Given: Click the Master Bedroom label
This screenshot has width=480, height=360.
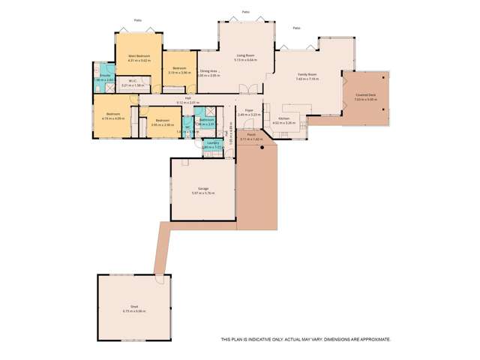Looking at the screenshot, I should tap(139, 55).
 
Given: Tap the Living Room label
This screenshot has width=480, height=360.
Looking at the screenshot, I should tap(242, 55).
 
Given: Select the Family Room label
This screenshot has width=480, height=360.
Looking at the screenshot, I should tap(307, 74).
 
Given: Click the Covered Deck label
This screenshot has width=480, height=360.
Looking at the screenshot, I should tap(367, 94).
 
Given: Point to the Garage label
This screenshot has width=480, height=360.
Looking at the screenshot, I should tap(202, 188).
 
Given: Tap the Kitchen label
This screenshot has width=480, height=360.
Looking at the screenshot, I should tap(284, 118).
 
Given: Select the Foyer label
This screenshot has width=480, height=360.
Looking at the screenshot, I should tap(248, 110).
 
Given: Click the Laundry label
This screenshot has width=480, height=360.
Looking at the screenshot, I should tap(212, 142).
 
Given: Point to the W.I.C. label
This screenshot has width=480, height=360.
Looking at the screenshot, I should tap(132, 81).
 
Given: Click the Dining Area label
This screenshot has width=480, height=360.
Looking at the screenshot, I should tap(208, 70).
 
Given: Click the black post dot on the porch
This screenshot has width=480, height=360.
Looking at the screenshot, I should tap(262, 148).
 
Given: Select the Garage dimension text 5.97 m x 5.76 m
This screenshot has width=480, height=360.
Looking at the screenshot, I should tap(202, 193).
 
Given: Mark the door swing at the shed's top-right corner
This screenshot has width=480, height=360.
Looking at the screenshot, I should tap(159, 280).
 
